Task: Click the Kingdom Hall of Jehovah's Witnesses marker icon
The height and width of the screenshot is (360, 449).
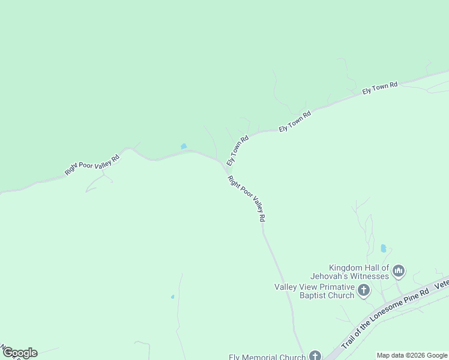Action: click(x=399, y=272)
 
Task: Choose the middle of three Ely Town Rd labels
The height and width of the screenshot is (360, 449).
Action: click(x=295, y=121)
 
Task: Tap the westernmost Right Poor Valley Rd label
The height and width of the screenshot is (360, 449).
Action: click(x=92, y=165)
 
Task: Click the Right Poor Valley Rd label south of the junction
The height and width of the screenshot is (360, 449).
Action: click(x=246, y=199)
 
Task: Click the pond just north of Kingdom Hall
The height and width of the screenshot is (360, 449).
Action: click(x=383, y=248)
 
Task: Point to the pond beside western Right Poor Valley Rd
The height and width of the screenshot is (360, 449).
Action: click(x=184, y=146)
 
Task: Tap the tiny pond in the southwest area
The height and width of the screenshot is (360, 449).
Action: click(x=172, y=296)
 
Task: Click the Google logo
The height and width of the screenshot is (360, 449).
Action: click(x=20, y=353)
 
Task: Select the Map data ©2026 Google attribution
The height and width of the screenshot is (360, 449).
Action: click(x=412, y=355)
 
